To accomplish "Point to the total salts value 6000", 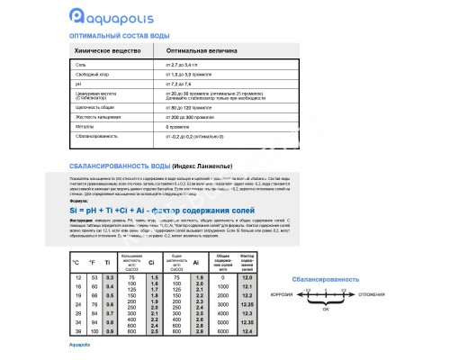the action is click(x=223, y=331).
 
